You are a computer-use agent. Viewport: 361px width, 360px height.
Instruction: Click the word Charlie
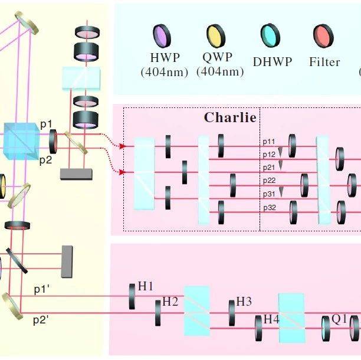point(230,117)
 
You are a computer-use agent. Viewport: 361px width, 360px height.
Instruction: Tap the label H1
point(146,286)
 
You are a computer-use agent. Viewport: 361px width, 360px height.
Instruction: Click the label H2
point(170,302)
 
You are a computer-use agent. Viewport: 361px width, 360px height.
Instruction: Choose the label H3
point(244,302)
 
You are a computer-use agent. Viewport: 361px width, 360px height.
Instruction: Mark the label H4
point(271,319)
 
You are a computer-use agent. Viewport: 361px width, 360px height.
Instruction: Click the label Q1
point(339,319)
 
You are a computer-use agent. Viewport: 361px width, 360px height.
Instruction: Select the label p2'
point(41,320)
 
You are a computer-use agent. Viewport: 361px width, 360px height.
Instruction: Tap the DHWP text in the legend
point(272,61)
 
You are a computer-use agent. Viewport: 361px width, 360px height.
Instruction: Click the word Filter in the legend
point(324,61)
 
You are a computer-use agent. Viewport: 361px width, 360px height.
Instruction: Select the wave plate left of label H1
point(132,296)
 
